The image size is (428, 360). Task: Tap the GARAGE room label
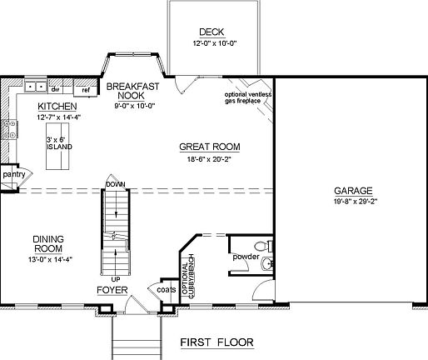354,190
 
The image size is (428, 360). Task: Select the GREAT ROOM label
209,147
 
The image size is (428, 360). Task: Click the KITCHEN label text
57,107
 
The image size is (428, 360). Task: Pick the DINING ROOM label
49,244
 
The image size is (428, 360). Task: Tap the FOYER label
112,290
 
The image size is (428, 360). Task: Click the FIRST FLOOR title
217,342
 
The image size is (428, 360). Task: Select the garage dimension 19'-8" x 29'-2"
354,201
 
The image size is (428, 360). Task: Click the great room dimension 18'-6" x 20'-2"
209,157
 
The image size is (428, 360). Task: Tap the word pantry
12,175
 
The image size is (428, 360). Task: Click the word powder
246,257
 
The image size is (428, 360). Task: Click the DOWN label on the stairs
114,184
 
